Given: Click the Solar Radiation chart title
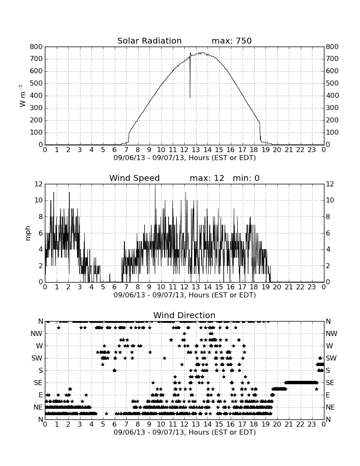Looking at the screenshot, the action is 150,41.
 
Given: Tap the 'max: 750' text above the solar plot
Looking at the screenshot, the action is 232,41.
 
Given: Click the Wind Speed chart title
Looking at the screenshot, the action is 135,178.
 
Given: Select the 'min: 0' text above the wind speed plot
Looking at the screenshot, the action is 246,178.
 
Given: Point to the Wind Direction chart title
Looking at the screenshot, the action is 185,315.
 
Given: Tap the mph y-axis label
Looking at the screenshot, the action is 28,233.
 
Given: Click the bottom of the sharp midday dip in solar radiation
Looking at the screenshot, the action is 190,98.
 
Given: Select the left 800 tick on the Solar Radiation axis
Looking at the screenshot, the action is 36,47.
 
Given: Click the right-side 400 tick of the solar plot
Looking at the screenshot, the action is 332,96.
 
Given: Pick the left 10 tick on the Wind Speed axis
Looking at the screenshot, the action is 39,200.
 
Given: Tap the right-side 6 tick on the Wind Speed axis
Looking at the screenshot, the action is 328,233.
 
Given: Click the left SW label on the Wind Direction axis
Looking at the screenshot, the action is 37,358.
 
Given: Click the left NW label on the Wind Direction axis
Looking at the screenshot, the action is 36,334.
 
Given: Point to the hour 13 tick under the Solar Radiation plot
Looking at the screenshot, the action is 196,150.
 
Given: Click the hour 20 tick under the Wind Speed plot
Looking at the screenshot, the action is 277,287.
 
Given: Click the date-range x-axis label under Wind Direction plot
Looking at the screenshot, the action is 185,432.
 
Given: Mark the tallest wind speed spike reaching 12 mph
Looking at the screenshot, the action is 155,185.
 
